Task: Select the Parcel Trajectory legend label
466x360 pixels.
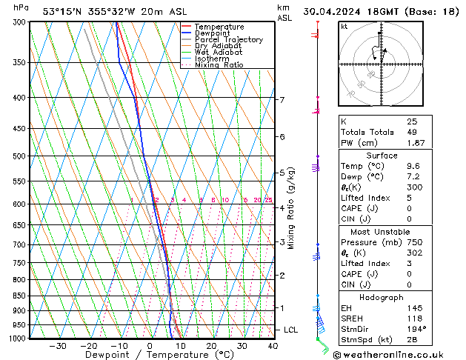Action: click(x=228, y=40)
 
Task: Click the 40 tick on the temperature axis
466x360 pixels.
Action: click(x=273, y=346)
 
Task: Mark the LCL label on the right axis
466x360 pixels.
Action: click(x=292, y=330)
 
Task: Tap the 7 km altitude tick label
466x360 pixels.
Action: click(x=282, y=99)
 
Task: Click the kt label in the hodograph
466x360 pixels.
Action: click(x=344, y=26)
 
